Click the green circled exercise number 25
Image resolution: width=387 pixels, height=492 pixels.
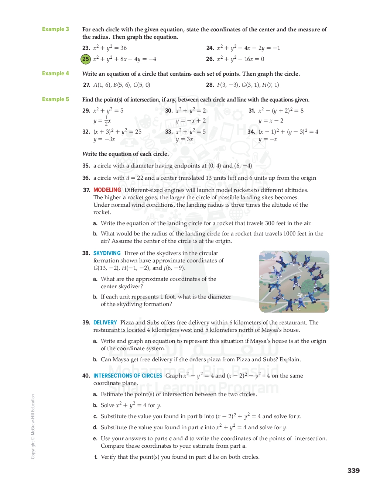point(86,59)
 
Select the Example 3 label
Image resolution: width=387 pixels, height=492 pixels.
point(55,29)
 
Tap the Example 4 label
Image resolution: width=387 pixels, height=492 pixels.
point(55,73)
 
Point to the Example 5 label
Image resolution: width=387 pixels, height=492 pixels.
point(55,99)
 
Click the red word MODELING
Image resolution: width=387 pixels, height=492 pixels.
point(107,190)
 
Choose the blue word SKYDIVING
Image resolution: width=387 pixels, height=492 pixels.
point(107,253)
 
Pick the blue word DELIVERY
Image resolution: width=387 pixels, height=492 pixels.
point(105,323)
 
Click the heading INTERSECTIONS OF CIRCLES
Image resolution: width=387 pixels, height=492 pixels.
point(127,376)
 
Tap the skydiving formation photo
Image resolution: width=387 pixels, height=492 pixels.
point(294,282)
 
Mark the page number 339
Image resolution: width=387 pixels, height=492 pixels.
point(353,471)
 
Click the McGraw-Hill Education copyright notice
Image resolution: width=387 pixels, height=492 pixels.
point(33,426)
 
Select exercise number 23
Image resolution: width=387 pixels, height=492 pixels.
point(86,48)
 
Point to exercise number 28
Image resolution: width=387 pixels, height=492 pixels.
point(210,85)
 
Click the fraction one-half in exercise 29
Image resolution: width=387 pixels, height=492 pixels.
point(106,121)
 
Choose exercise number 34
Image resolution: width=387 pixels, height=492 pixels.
point(251,132)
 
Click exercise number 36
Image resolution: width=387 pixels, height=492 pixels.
point(86,178)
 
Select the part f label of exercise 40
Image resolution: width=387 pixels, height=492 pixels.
point(96,457)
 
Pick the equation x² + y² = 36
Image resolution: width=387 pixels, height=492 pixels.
point(110,48)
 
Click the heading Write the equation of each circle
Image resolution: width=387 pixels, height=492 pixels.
point(126,154)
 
